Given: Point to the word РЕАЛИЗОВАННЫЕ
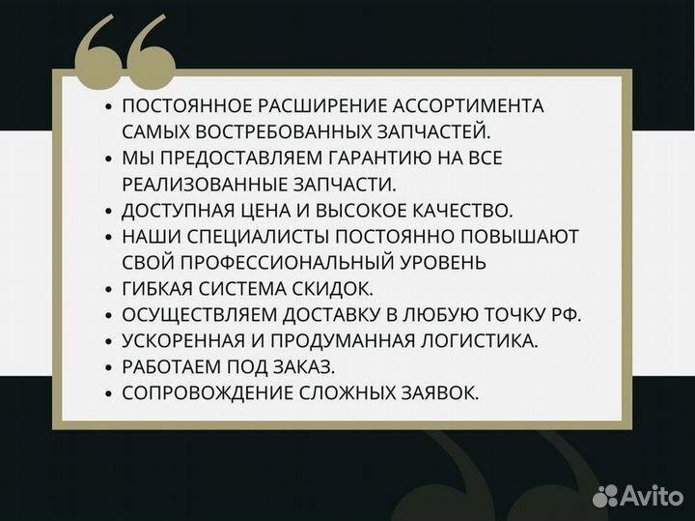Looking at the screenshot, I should (x=200, y=183).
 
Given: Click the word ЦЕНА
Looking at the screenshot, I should (x=278, y=209).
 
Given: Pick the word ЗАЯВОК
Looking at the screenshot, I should (x=439, y=392).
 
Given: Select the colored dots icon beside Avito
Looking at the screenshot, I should (x=606, y=496).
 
